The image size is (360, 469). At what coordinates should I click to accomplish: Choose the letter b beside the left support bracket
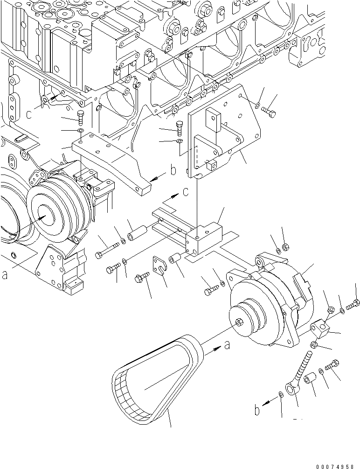[x=173, y=171]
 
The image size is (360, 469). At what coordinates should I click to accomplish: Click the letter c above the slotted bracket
[x=186, y=192]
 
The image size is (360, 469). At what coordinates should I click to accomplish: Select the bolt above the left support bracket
[x=80, y=119]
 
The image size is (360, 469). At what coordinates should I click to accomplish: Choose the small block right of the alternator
[x=321, y=327]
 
